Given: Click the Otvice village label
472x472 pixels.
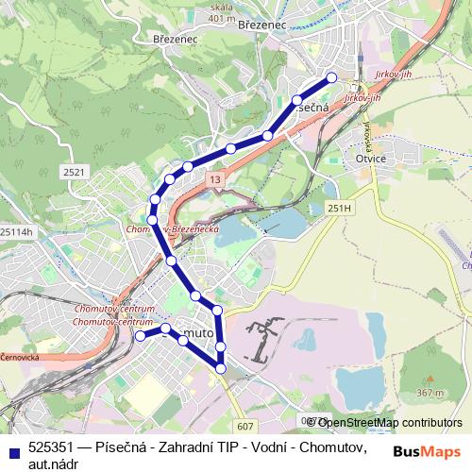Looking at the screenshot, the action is tap(370, 159).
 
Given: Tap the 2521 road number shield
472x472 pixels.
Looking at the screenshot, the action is tap(74, 171).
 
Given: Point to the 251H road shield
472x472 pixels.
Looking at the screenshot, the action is tap(339, 208).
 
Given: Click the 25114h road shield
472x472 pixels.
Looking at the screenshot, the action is tap(15, 231).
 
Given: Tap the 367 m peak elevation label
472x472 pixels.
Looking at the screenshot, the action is tap(430, 393).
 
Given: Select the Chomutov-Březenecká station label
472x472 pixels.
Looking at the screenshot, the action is tap(173, 229).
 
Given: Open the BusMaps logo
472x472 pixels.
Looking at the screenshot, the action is tap(427, 451).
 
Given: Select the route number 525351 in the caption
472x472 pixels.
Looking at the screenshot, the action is tap(50, 447).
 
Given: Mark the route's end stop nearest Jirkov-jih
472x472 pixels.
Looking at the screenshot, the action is tap(331, 78).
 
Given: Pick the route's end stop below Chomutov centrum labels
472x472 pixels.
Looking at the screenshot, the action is tap(140, 335).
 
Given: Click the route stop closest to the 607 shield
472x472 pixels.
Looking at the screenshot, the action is tap(222, 368).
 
